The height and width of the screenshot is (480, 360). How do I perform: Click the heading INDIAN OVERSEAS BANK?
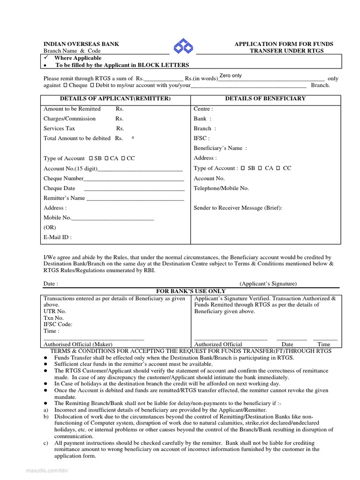(x=81, y=44)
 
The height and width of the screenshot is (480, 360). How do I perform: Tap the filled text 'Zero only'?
(x=230, y=75)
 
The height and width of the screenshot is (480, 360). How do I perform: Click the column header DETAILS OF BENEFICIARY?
(x=265, y=98)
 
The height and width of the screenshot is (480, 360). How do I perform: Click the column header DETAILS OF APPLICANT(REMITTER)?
(x=115, y=98)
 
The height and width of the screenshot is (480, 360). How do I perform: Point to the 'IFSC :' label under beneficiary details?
(x=202, y=138)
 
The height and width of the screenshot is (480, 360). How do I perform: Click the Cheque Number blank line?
(x=134, y=179)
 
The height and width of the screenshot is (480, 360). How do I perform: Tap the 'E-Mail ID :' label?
(x=58, y=237)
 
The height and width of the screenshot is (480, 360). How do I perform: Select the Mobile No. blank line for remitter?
(x=112, y=218)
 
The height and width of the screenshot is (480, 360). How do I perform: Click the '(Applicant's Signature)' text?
(x=268, y=284)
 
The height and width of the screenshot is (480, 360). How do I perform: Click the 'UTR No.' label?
(x=55, y=311)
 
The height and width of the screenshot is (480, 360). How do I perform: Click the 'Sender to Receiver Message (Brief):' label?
(x=238, y=208)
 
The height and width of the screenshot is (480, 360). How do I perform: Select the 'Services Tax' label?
(x=59, y=128)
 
